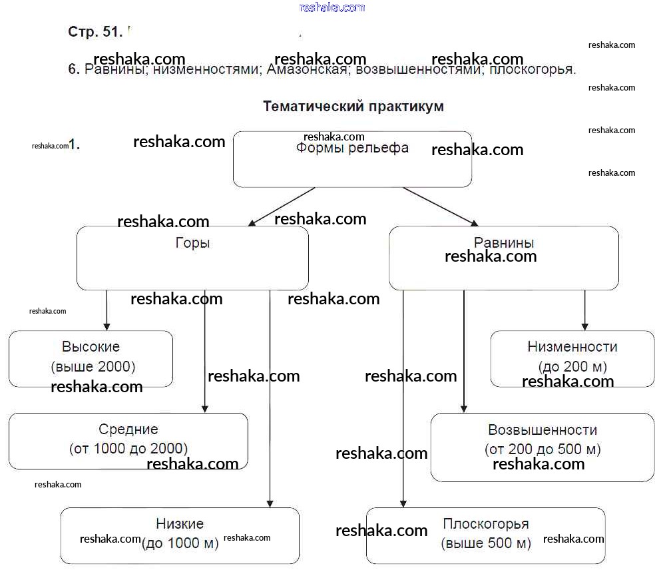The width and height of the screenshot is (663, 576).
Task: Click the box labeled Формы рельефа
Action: click(x=352, y=159)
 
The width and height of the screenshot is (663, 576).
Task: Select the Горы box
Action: click(x=192, y=258)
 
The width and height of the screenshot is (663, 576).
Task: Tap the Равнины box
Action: click(x=503, y=258)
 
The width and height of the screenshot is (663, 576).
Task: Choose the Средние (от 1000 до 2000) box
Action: click(x=128, y=440)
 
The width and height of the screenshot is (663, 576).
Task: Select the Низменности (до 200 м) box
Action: click(x=572, y=358)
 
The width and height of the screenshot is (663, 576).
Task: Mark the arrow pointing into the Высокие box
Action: click(x=107, y=310)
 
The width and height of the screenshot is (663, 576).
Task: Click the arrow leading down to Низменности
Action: click(x=584, y=310)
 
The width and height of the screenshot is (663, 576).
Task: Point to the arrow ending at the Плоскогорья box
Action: click(x=403, y=400)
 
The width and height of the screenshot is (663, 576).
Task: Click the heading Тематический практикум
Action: click(x=353, y=107)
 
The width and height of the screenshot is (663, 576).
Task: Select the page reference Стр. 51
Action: click(x=95, y=31)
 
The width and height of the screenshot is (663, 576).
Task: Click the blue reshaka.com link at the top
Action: click(x=332, y=7)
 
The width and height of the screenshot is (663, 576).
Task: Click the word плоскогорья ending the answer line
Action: click(x=532, y=70)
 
